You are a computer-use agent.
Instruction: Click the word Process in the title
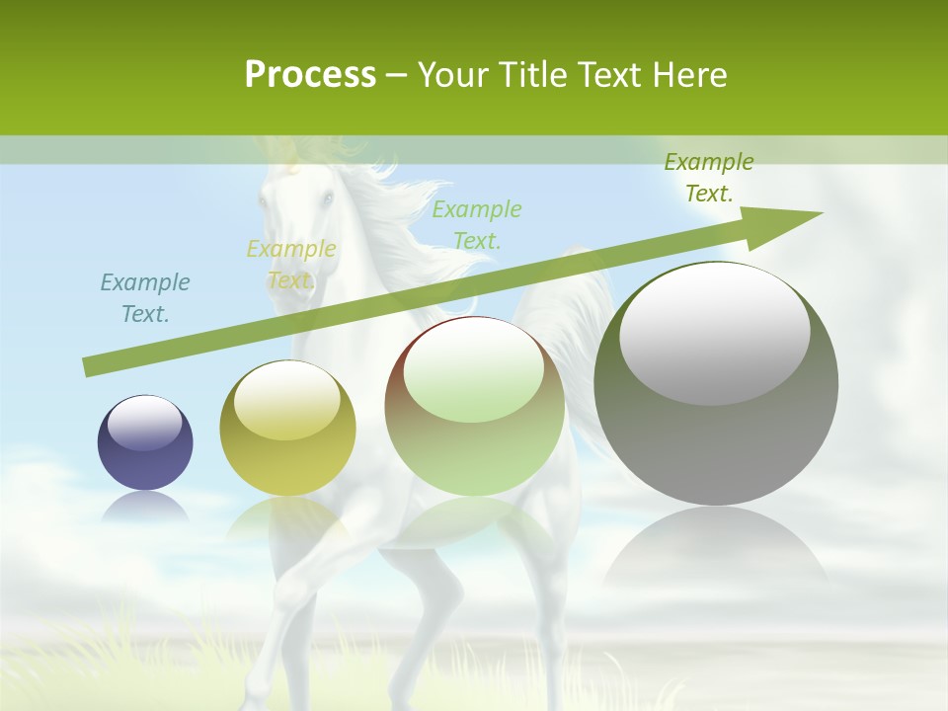pos(310,75)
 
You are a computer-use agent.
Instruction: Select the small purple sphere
pos(145,442)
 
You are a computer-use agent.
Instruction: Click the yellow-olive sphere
pos(287,429)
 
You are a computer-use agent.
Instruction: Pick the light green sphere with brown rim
pos(474,406)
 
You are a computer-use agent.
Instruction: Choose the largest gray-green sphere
pos(716,384)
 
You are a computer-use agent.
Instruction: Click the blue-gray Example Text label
pos(145,297)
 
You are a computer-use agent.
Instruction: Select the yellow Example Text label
pos(290,264)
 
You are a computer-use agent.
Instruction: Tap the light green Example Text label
pos(477,224)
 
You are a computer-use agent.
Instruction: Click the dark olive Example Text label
pos(708,177)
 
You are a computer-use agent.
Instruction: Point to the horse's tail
pos(583,316)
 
